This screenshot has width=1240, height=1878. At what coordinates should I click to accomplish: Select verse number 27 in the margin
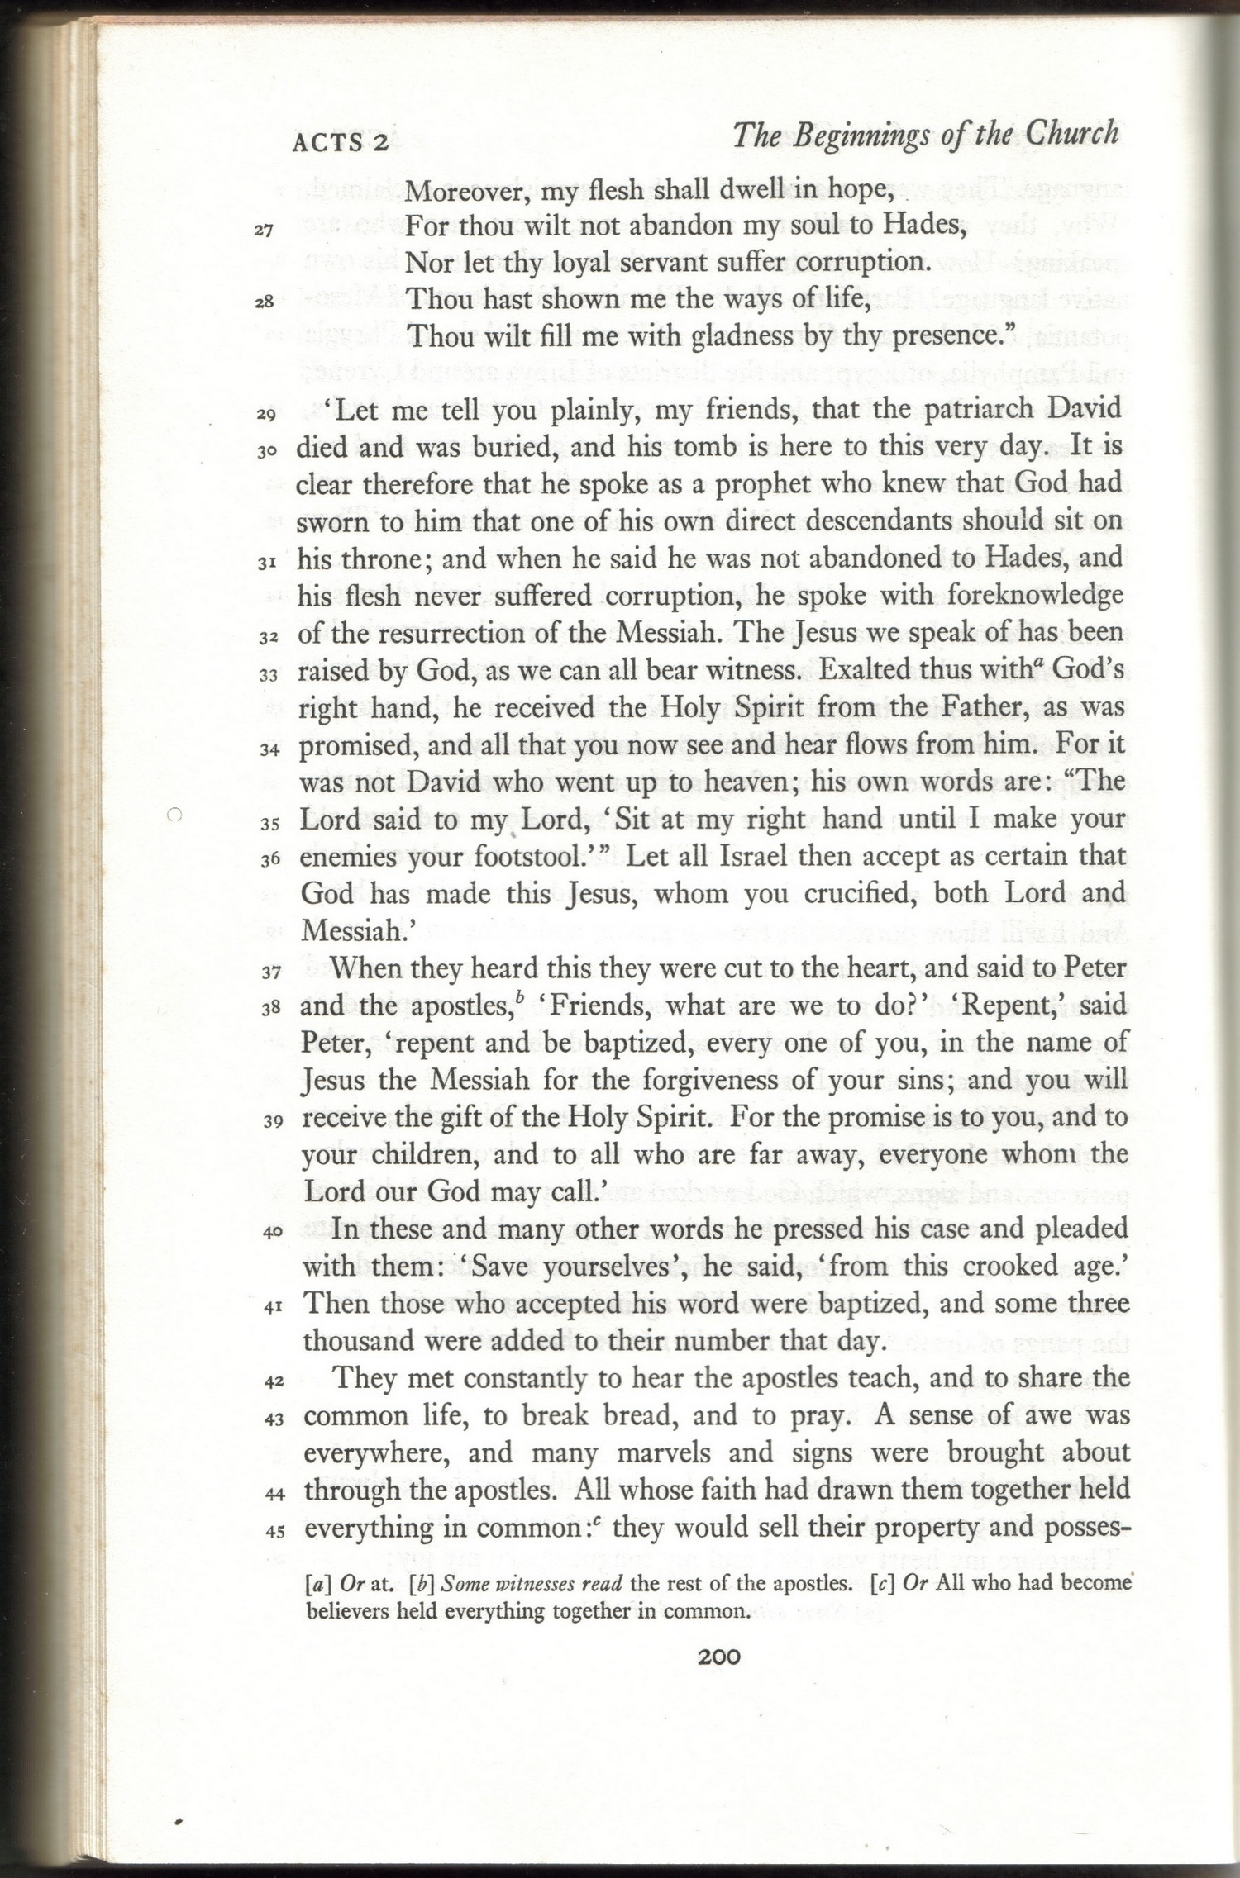pos(264,231)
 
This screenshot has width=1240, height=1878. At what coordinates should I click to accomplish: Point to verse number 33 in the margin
pos(267,675)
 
